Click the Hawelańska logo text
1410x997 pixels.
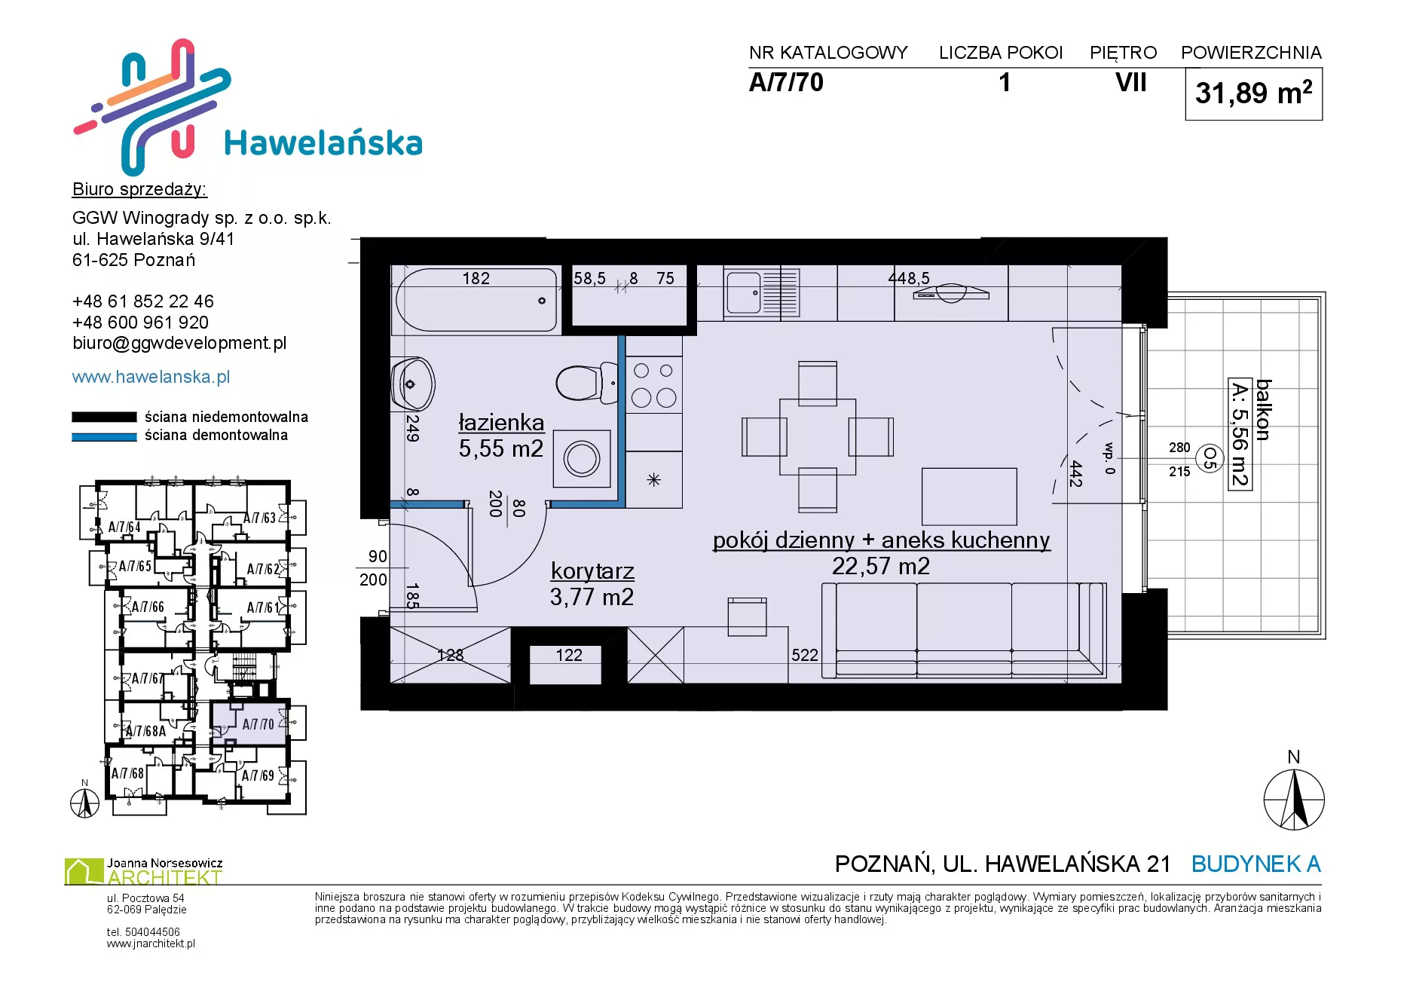click(323, 143)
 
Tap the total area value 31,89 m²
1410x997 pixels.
click(1253, 93)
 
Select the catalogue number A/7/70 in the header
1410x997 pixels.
click(786, 82)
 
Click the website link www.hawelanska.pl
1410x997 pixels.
click(151, 377)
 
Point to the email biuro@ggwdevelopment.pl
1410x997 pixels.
click(179, 343)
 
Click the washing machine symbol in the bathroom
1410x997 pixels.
click(582, 458)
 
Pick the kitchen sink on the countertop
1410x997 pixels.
click(761, 293)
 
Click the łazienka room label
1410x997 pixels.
click(501, 423)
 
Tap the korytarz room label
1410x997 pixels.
click(592, 571)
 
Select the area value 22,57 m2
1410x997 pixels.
click(881, 566)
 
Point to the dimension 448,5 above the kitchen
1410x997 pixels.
click(909, 278)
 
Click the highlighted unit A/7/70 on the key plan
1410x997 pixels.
click(249, 723)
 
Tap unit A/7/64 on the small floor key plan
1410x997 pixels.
click(124, 527)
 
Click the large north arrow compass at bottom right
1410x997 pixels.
click(1294, 800)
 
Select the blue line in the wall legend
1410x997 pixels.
click(104, 436)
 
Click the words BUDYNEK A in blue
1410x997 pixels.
click(1256, 864)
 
